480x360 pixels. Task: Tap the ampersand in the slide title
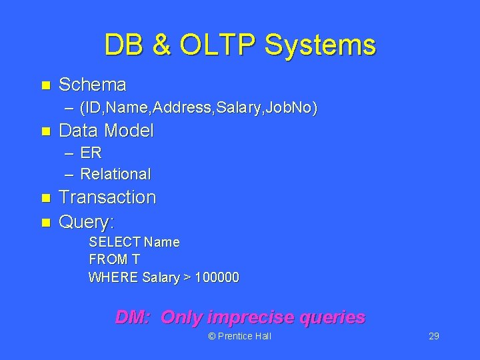(161, 45)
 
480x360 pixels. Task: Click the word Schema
(93, 85)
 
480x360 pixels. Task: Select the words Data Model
(107, 131)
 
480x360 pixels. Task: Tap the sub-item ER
(91, 153)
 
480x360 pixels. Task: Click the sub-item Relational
(115, 174)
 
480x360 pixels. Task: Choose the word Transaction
(107, 197)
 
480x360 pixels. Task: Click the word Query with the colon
(87, 221)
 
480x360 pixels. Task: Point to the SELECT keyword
(113, 242)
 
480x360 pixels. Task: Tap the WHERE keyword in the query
(113, 277)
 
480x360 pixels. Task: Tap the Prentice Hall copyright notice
(240, 336)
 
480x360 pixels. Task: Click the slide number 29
(433, 336)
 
